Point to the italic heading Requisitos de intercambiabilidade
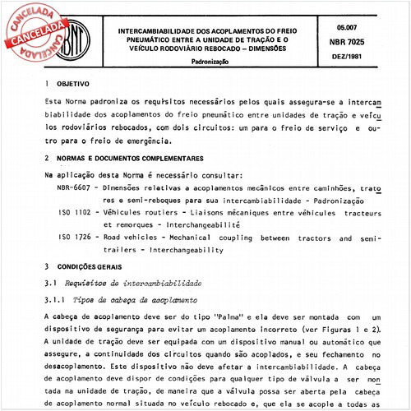[131, 284]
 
